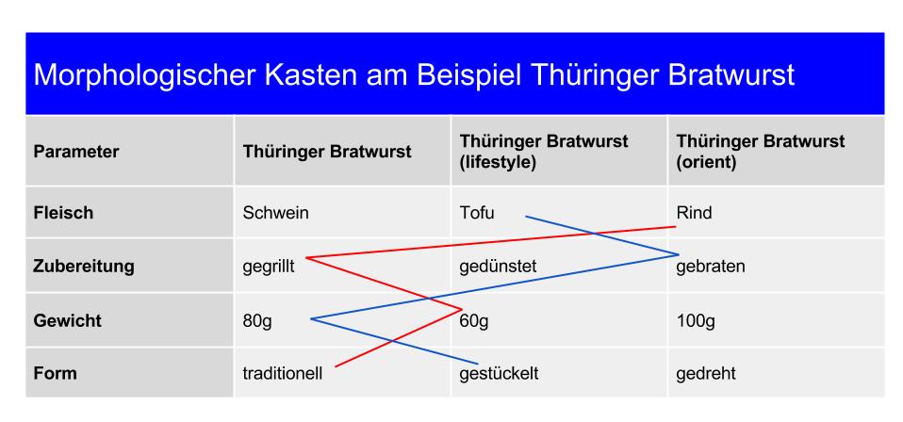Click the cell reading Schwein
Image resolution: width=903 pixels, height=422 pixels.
(276, 213)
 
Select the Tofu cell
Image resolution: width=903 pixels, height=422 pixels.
(476, 213)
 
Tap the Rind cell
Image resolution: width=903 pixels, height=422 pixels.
(694, 213)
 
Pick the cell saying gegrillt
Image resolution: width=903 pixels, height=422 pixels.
(270, 267)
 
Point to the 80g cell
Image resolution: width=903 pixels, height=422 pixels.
(257, 320)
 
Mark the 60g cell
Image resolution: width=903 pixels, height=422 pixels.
(474, 321)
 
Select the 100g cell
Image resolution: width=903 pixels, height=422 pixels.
(696, 320)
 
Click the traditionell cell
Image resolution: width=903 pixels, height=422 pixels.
(283, 374)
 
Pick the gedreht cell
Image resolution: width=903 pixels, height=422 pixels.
(706, 374)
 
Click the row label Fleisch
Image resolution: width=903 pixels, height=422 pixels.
(63, 213)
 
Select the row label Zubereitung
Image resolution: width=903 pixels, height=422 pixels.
(83, 267)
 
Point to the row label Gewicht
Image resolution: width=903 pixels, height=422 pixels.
(68, 320)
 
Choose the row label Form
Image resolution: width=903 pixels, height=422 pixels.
(56, 374)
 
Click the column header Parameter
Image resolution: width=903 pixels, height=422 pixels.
(76, 150)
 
